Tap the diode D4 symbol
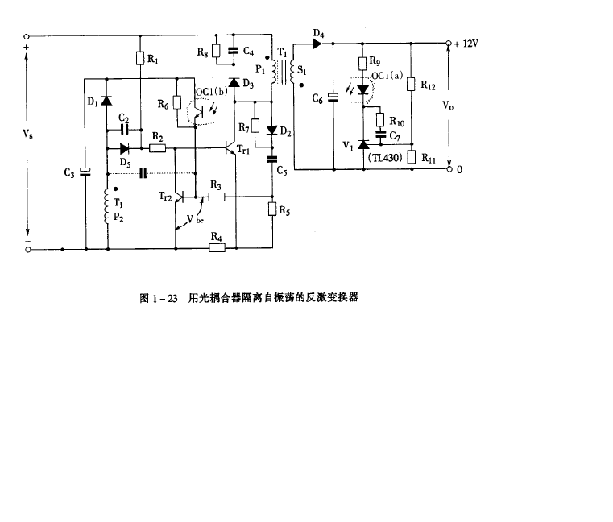(x=318, y=43)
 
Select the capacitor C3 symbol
(x=85, y=170)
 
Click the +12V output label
(x=466, y=43)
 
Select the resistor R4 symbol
(x=215, y=248)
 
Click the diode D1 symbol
(x=106, y=101)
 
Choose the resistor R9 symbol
(x=362, y=63)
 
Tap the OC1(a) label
(x=386, y=75)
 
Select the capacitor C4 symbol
(x=234, y=51)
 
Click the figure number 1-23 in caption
(x=164, y=297)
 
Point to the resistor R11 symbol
(x=411, y=157)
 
